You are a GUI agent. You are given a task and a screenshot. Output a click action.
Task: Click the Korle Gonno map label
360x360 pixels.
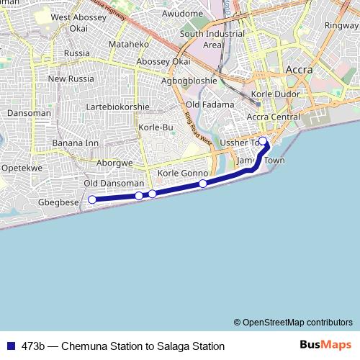tap(183, 174)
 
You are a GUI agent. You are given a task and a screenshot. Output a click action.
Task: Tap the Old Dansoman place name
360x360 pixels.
tap(114, 184)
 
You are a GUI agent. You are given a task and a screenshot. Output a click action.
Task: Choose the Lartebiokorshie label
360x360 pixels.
tap(118, 107)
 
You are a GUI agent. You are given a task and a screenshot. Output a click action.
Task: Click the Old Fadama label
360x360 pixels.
tap(210, 105)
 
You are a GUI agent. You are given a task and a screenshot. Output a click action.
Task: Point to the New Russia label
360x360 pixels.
tap(71, 78)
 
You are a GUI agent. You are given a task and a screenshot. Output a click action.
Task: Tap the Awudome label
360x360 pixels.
tap(183, 14)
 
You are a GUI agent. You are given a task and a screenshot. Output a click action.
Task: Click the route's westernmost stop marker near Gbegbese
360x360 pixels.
tap(92, 199)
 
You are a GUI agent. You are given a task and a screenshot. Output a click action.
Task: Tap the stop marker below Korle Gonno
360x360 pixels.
tap(203, 184)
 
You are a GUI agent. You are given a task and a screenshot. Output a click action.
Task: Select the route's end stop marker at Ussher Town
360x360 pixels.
tap(263, 141)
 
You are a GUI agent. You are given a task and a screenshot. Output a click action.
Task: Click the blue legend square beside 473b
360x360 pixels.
tap(11, 346)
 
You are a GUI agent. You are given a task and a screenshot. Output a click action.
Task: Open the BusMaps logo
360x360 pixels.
tap(325, 346)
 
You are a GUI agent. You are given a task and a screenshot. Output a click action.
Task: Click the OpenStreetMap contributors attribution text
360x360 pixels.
tap(293, 323)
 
